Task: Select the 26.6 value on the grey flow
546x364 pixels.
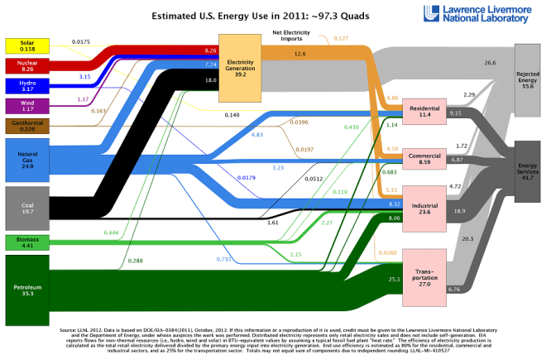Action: (x=491, y=63)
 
